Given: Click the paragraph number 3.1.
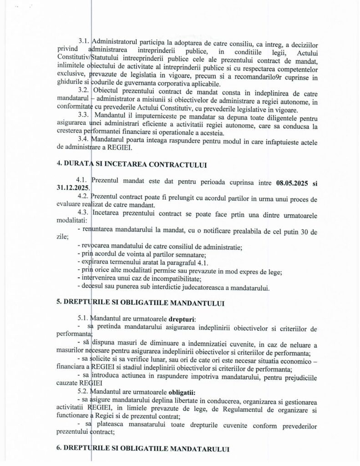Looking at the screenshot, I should (84, 41).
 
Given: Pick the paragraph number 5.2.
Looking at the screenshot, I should (84, 390).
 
